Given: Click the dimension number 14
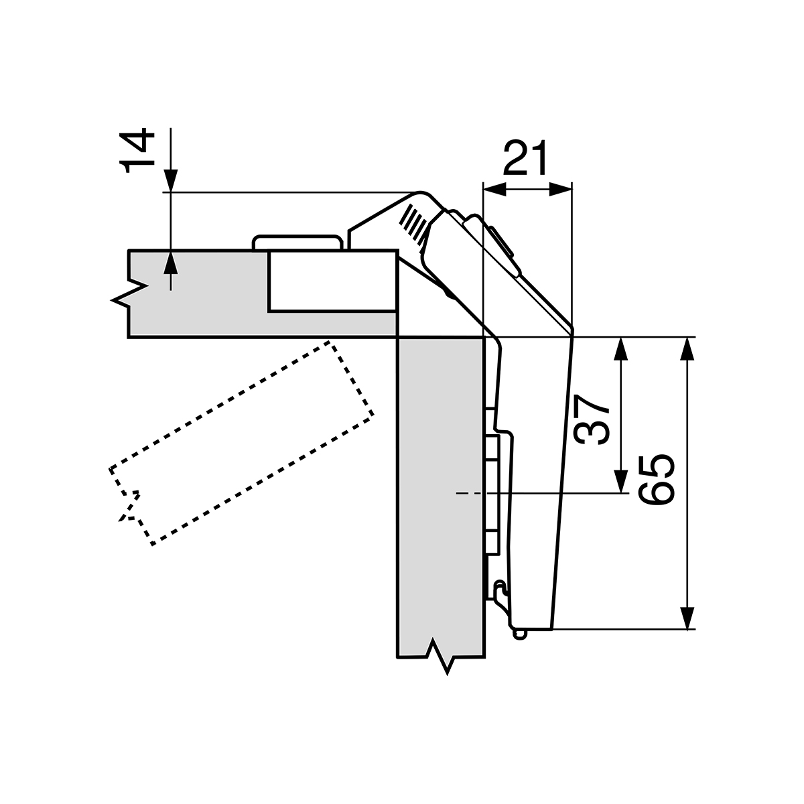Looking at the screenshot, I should click(x=139, y=152).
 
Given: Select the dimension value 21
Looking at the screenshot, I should click(x=525, y=159).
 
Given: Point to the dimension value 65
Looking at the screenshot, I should click(x=655, y=480).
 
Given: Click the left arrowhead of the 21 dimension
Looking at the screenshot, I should click(x=492, y=190).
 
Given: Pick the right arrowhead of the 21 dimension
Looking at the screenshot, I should click(x=562, y=190).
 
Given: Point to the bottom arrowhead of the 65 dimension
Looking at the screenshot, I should click(x=686, y=618).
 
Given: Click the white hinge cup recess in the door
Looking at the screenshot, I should click(x=332, y=281).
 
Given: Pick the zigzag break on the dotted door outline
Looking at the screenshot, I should click(x=129, y=506).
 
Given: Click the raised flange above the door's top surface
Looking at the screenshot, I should click(x=295, y=242).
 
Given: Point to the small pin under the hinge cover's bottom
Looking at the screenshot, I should click(x=521, y=633).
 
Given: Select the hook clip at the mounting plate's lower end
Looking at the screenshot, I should click(x=498, y=592).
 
